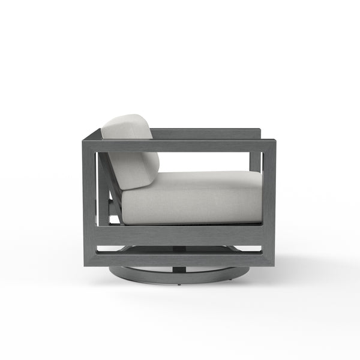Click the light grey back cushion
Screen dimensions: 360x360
point(129,150)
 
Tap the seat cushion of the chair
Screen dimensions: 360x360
point(192,198)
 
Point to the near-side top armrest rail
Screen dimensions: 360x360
point(180,146)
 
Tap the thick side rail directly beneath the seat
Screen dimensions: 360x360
point(180,235)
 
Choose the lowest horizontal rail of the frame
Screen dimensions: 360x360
point(180,259)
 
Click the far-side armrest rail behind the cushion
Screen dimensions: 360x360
point(204,133)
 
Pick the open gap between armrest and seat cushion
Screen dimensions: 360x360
point(210,162)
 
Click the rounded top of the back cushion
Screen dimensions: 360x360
point(126,118)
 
